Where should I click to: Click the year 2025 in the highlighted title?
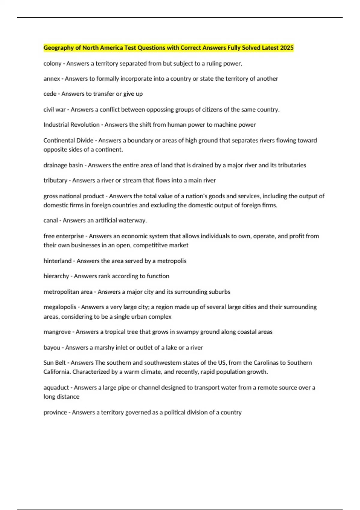[x=287, y=48]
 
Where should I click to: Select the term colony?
[x=52, y=64]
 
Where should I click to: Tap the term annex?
[x=52, y=79]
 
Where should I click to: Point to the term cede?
[x=50, y=94]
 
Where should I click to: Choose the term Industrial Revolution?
[x=71, y=125]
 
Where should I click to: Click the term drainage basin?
[x=63, y=165]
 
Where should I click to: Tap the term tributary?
[x=55, y=181]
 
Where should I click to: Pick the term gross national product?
[x=74, y=196]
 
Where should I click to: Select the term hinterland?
[x=57, y=261]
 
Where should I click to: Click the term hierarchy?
[x=56, y=276]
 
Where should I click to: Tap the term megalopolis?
[x=60, y=307]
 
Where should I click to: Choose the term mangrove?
[x=57, y=332]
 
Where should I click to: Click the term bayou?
[x=52, y=347]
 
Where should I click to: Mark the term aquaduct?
[x=56, y=388]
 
